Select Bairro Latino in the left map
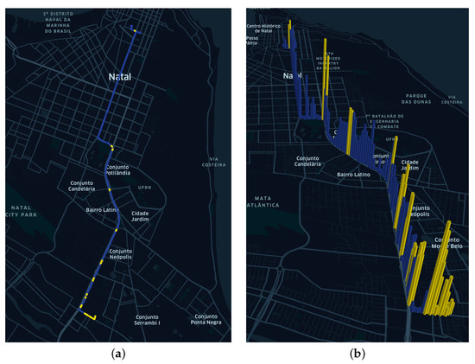coord(102,208)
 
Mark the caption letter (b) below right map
coord(357,354)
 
